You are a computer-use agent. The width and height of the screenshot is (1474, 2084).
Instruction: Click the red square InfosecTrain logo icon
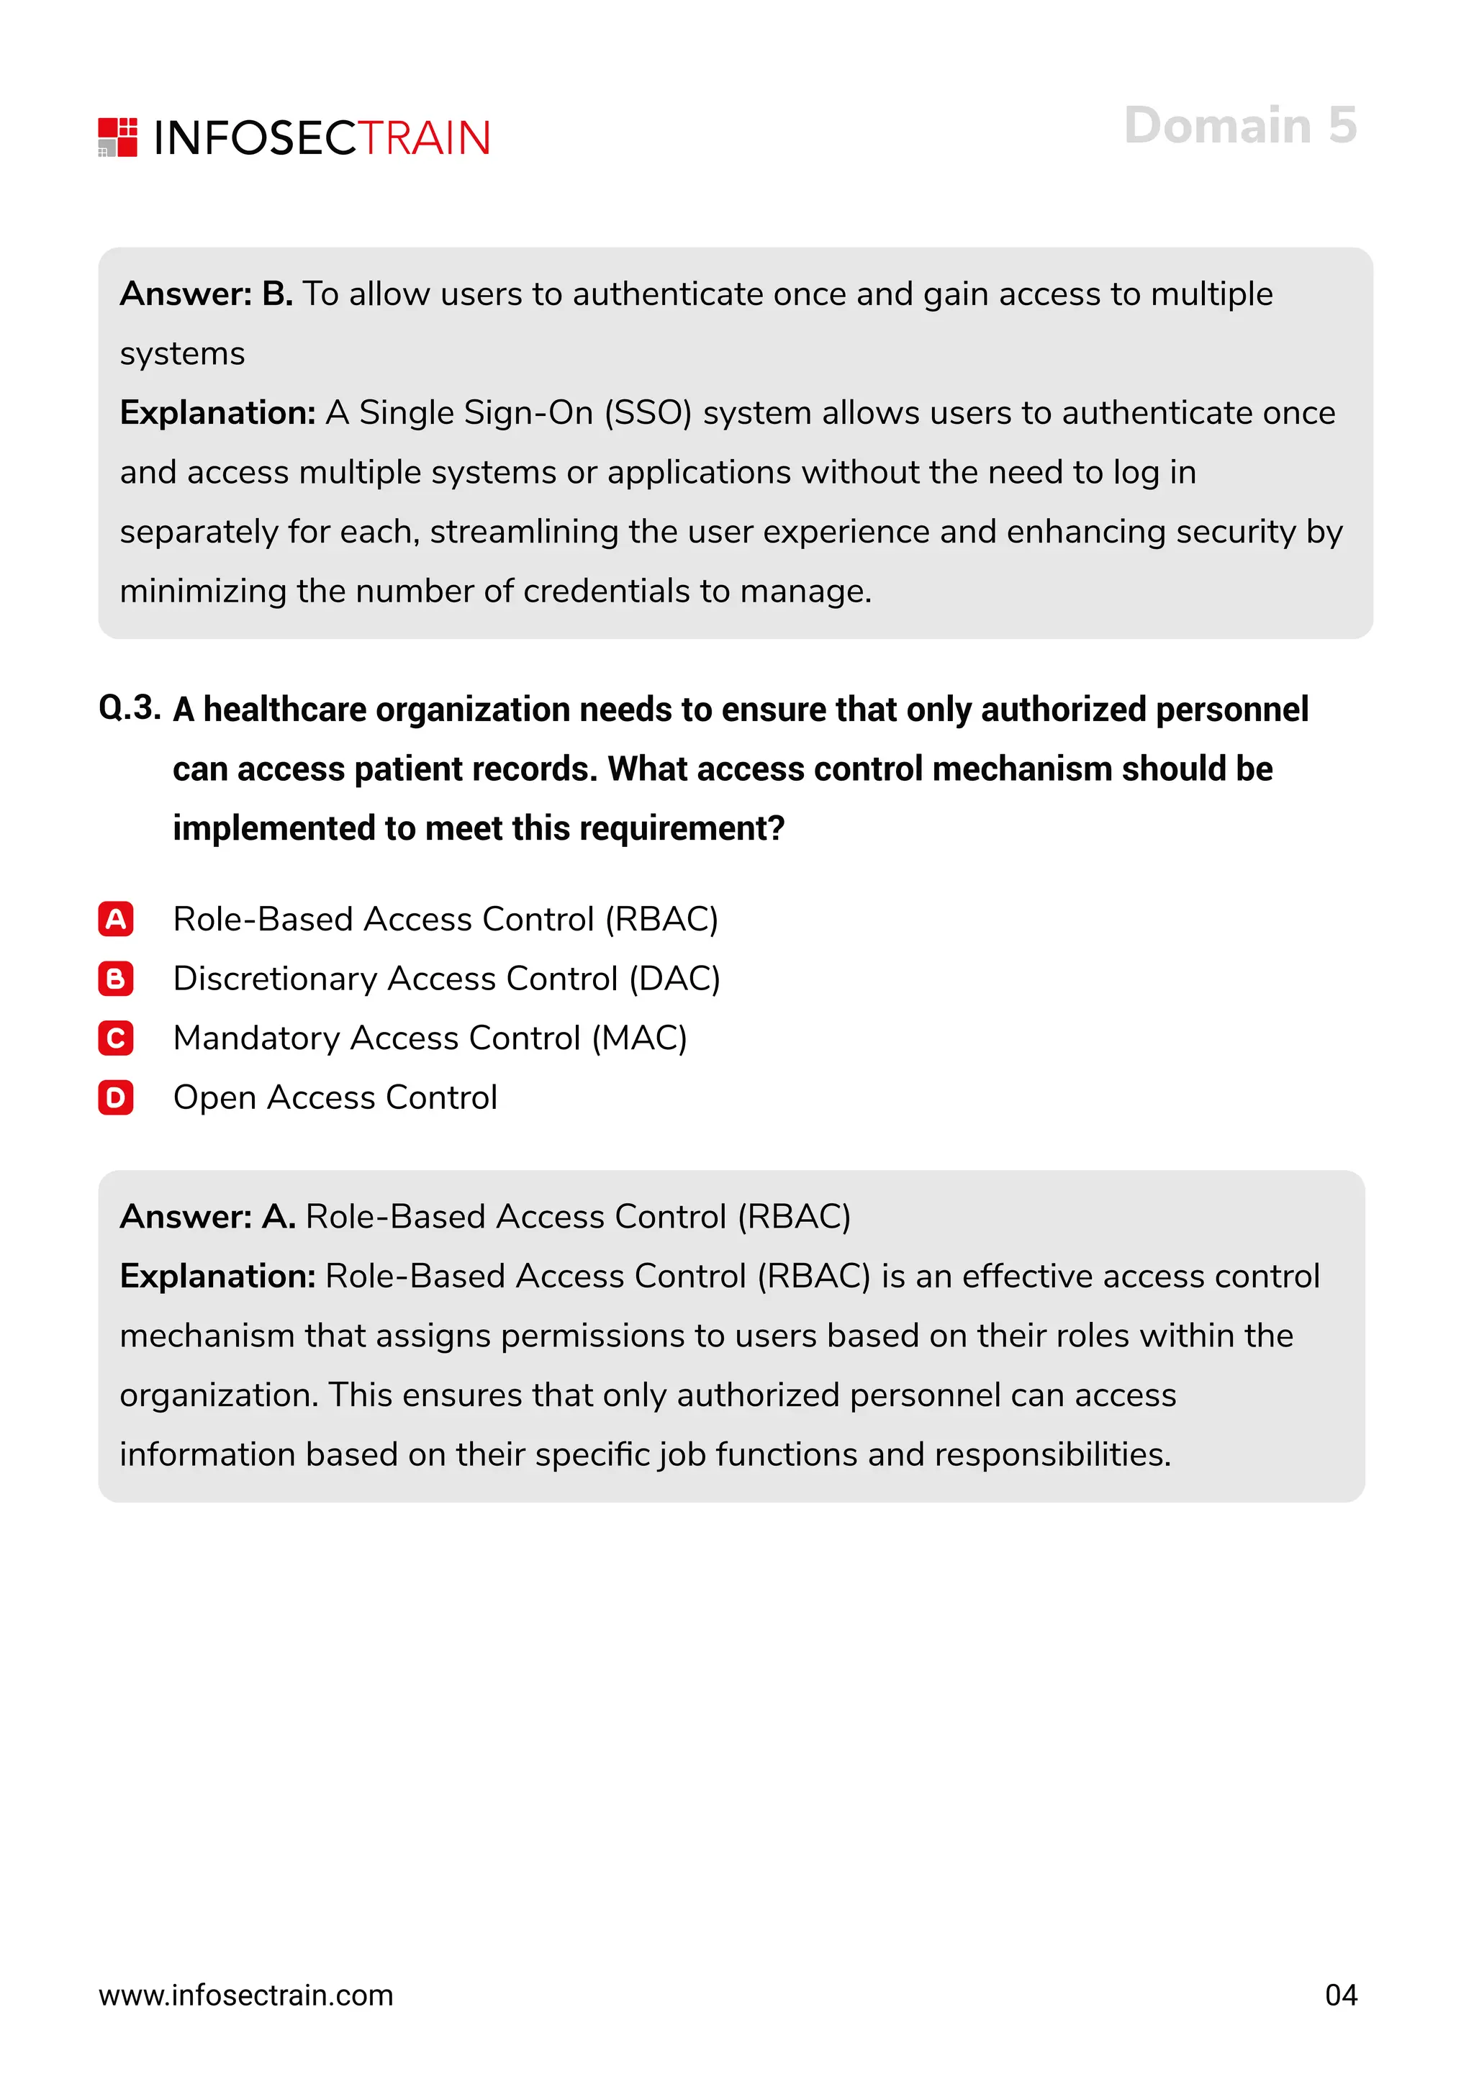[118, 137]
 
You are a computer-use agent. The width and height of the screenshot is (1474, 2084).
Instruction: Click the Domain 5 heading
[1240, 125]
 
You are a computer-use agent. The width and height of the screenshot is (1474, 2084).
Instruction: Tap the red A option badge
[116, 920]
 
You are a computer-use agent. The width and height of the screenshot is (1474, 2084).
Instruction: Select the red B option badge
[116, 979]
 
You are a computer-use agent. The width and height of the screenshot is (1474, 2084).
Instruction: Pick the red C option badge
[116, 1038]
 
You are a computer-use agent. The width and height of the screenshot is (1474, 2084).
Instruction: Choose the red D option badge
[116, 1097]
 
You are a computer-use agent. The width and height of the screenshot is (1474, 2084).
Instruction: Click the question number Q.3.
[130, 708]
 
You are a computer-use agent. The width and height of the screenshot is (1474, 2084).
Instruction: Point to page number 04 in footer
[1341, 1995]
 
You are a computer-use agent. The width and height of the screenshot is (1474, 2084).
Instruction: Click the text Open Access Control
[335, 1097]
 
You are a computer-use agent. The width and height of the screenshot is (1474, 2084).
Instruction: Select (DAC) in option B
[674, 979]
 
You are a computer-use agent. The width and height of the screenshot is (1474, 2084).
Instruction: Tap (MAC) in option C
[639, 1038]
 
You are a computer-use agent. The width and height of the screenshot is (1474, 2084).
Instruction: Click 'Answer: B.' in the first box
[206, 294]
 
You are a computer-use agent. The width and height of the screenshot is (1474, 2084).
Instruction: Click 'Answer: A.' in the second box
[208, 1216]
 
